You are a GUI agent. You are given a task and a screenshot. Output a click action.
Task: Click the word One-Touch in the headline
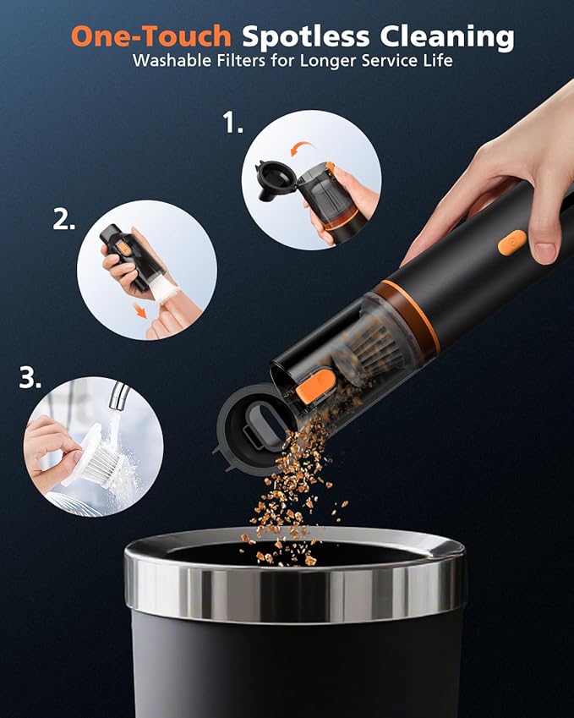tap(151, 36)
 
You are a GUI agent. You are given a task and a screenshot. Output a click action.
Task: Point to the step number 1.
tap(232, 124)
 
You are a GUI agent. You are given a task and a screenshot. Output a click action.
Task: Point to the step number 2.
tap(64, 219)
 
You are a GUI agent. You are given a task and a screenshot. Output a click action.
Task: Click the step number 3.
tap(30, 379)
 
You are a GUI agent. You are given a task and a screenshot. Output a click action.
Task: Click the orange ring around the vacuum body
tap(407, 313)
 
